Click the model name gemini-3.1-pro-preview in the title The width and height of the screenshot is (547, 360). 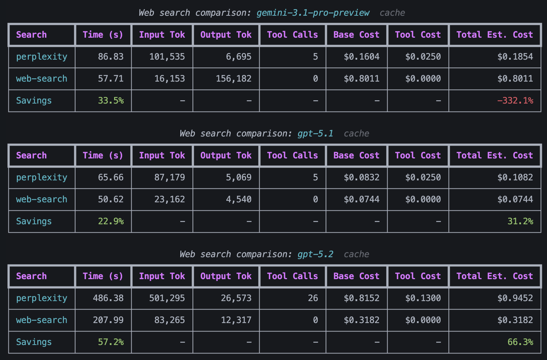point(313,13)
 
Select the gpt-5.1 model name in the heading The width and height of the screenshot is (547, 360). point(315,134)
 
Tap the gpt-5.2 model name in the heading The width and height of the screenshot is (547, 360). point(315,254)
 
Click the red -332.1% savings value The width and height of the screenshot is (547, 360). point(515,101)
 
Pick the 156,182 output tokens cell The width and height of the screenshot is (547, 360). point(233,79)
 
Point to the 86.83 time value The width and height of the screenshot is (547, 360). point(110,57)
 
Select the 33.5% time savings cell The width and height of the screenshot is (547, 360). point(110,101)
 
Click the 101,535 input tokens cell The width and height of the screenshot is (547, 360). point(167,57)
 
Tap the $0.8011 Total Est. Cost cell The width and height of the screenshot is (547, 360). point(515,79)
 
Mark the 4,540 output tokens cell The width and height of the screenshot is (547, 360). point(238,199)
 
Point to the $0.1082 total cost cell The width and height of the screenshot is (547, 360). point(515,177)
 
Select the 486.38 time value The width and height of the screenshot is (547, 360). point(108,298)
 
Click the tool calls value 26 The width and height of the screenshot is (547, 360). point(313,298)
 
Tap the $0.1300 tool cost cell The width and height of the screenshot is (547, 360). point(423,298)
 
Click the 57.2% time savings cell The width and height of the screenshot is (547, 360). point(110,342)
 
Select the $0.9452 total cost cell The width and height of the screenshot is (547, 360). point(515,298)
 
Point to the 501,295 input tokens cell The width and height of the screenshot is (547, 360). point(167,298)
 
